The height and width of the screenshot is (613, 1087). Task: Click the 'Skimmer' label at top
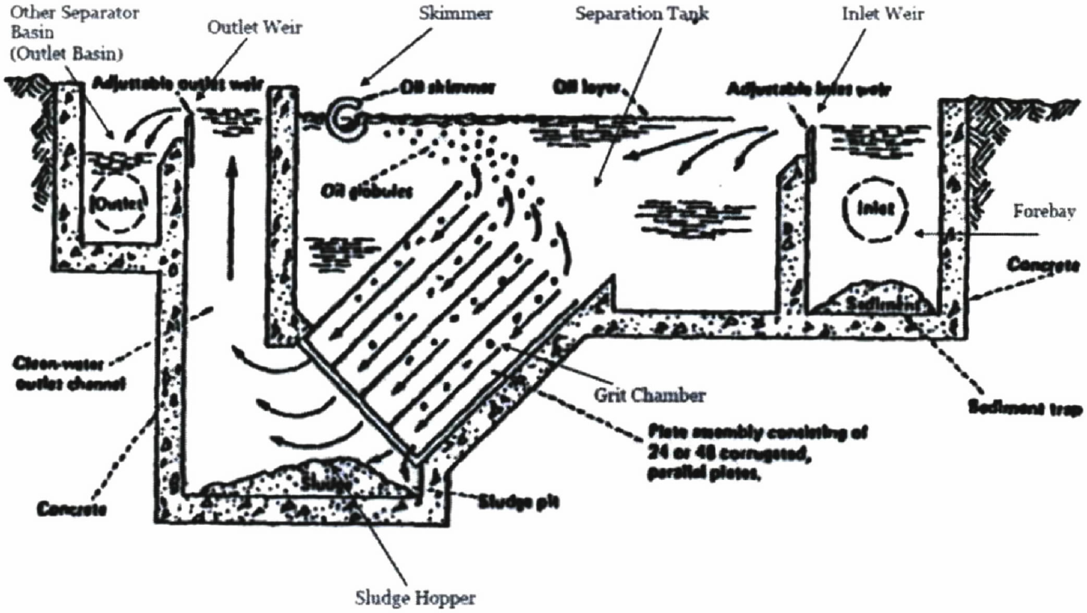tap(456, 14)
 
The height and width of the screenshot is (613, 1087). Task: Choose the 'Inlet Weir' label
tap(882, 14)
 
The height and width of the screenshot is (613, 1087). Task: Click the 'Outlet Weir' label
tap(255, 28)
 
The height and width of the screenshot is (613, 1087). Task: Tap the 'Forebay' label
tap(1044, 212)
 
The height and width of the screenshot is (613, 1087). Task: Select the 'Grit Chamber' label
tap(648, 395)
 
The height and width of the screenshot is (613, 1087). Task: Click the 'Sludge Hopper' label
tap(415, 597)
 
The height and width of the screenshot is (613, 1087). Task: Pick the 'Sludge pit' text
tap(518, 502)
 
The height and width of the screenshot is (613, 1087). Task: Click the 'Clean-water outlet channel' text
tap(70, 374)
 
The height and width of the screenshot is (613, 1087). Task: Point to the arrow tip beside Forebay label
tap(918, 232)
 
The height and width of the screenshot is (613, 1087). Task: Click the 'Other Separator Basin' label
tap(75, 33)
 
